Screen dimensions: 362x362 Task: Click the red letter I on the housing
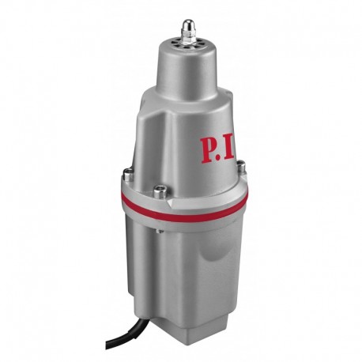pyautogui.click(x=232, y=150)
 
